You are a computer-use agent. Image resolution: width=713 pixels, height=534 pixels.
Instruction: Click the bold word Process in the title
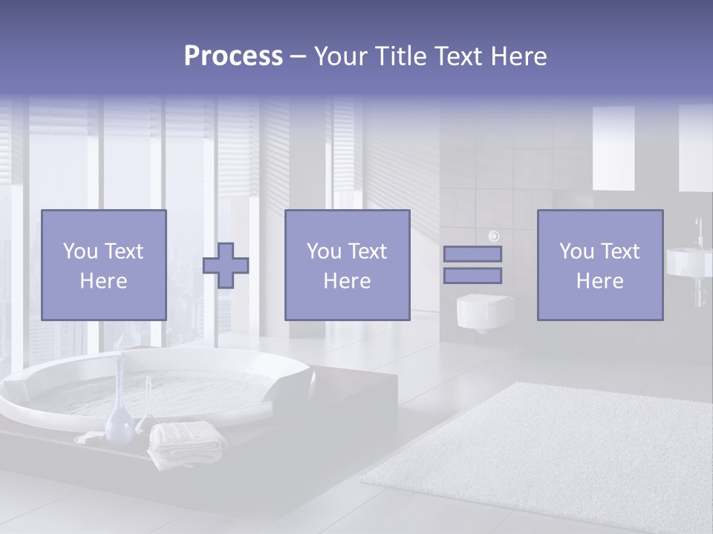233,56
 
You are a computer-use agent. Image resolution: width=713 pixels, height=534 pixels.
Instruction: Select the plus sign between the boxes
226,266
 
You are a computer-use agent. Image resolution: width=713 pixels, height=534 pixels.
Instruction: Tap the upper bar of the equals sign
472,254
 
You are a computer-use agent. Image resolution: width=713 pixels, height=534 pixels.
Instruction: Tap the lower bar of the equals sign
472,275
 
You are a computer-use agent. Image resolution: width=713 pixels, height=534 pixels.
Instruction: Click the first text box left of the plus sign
103,265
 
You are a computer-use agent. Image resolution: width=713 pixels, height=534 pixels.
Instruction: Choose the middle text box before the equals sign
347,265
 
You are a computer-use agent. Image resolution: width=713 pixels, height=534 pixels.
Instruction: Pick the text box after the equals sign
599,265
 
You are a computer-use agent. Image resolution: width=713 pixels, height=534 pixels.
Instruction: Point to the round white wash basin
688,262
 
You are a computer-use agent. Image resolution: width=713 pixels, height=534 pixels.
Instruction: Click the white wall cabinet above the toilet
613,148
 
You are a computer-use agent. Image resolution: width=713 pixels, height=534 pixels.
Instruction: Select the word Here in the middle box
347,281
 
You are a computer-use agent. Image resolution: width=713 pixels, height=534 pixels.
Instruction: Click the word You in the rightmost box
576,251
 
